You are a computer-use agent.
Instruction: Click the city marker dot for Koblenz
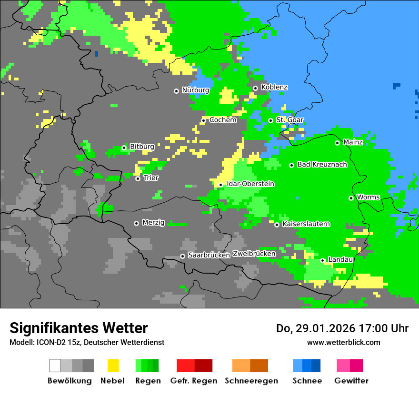(x=255, y=88)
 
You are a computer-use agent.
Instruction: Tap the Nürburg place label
(x=195, y=90)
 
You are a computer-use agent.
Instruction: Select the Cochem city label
(x=223, y=120)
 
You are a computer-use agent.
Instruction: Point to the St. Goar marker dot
(x=270, y=120)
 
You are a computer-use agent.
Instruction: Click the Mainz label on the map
(x=353, y=142)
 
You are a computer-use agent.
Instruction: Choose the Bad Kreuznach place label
(x=322, y=165)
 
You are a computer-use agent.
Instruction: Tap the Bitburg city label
(x=142, y=147)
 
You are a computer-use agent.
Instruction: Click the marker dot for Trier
(x=138, y=178)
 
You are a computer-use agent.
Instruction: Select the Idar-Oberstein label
(x=250, y=184)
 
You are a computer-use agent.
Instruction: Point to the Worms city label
(x=368, y=197)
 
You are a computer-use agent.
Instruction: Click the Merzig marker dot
(x=136, y=223)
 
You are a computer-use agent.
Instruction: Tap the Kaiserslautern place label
(x=306, y=224)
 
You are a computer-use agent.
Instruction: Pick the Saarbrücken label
(x=209, y=256)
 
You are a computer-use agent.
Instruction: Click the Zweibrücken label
(x=254, y=254)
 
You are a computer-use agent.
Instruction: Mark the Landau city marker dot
(x=322, y=260)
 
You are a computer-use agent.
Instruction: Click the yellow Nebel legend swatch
(x=113, y=365)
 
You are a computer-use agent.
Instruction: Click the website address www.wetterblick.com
(x=343, y=343)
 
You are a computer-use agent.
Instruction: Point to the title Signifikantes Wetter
(x=79, y=328)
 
